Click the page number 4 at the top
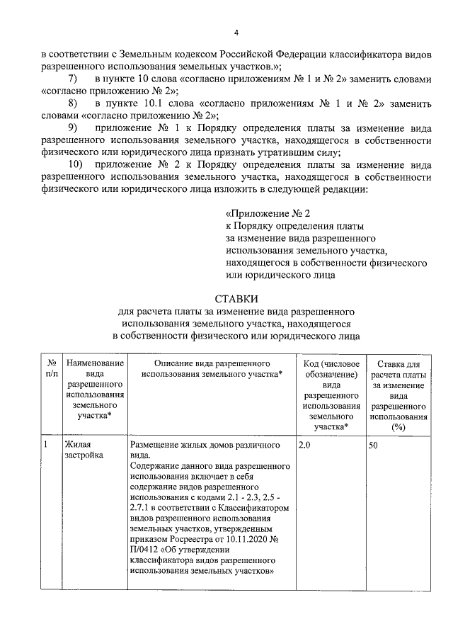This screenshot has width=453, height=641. pyautogui.click(x=236, y=32)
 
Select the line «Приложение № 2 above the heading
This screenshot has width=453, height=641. pyautogui.click(x=268, y=212)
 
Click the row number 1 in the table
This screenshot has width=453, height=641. pyautogui.click(x=46, y=445)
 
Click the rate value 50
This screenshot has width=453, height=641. pyautogui.click(x=376, y=445)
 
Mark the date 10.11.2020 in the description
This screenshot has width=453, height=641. pyautogui.click(x=250, y=538)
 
